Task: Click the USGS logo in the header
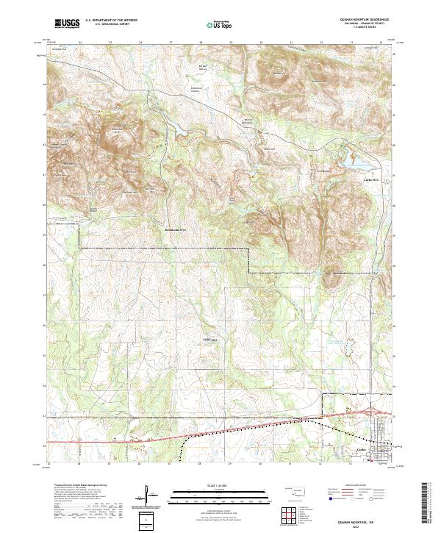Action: pyautogui.click(x=68, y=23)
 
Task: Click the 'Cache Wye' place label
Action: pyautogui.click(x=371, y=179)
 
